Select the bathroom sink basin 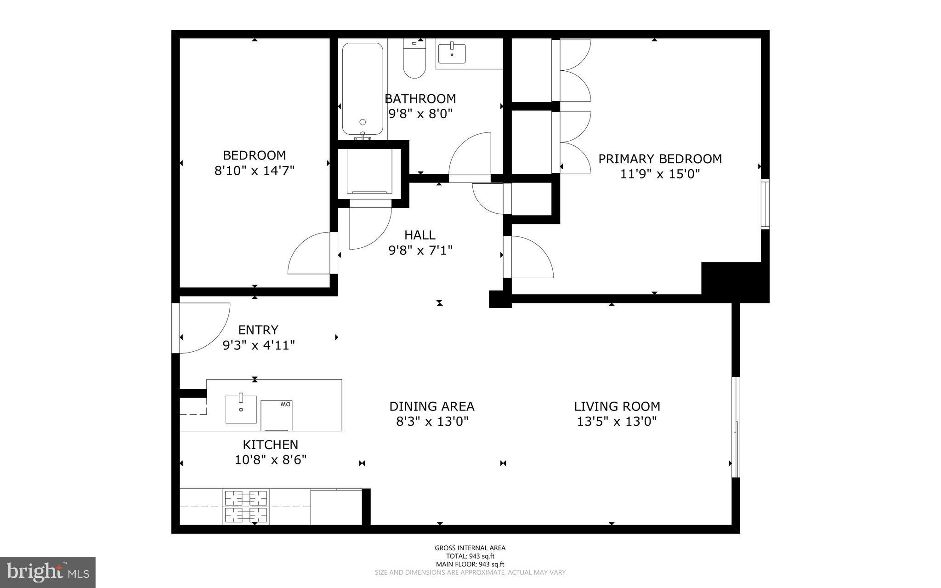pyautogui.click(x=451, y=53)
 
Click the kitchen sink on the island pyautogui.click(x=241, y=409)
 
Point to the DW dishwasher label pyautogui.click(x=285, y=405)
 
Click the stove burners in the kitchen pyautogui.click(x=246, y=506)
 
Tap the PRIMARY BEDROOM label pyautogui.click(x=660, y=159)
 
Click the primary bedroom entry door pyautogui.click(x=528, y=257)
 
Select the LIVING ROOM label pyautogui.click(x=617, y=406)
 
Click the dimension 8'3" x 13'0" pyautogui.click(x=432, y=422)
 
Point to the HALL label pyautogui.click(x=419, y=235)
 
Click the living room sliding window pyautogui.click(x=736, y=427)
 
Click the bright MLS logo pyautogui.click(x=48, y=572)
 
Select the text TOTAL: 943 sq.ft pyautogui.click(x=470, y=556)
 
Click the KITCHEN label pyautogui.click(x=270, y=445)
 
